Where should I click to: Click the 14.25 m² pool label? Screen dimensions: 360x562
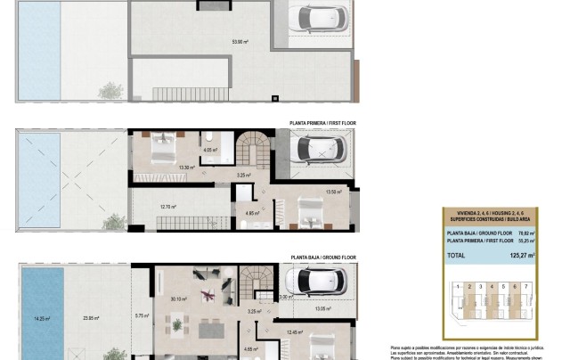pos(40,317)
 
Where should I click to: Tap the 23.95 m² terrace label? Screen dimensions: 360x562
pos(91,317)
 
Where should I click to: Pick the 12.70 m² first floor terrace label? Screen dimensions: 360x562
pos(167,207)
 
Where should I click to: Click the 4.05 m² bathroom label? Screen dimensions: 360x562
pos(209,150)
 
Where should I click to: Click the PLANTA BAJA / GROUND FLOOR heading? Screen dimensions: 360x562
pos(322,257)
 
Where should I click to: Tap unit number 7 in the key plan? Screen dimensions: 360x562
pos(525,288)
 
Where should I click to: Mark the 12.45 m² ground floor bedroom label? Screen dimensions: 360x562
pos(297,332)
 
